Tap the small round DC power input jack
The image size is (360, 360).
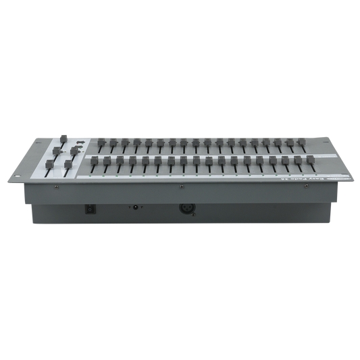tap(138, 209)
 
